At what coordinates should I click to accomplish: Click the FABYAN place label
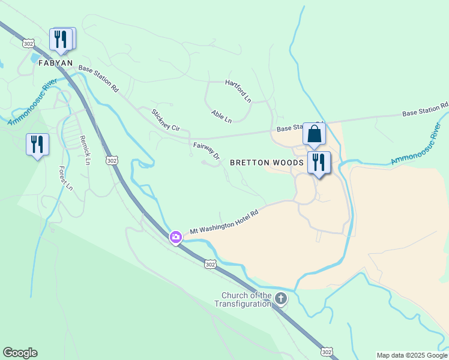pos(55,62)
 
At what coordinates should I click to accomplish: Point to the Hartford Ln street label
pos(238,90)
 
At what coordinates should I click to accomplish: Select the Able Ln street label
pos(221,116)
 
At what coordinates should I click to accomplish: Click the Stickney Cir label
pos(166,120)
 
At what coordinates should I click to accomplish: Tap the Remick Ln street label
pos(85,150)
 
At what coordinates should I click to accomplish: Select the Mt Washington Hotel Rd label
pos(223,222)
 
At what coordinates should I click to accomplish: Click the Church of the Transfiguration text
pos(247,299)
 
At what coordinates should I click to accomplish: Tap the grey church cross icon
pos(280,298)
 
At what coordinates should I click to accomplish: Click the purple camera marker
pos(175,237)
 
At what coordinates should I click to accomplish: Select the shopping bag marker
pos(314,134)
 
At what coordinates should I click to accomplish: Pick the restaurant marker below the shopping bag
pos(319,163)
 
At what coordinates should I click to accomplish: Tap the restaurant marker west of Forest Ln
pos(37,145)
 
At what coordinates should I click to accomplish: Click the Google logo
pos(20,353)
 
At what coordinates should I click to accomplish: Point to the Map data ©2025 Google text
pos(412,355)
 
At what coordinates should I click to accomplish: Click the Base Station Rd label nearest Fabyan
pos(98,78)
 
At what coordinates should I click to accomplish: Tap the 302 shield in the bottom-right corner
pos(326,351)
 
